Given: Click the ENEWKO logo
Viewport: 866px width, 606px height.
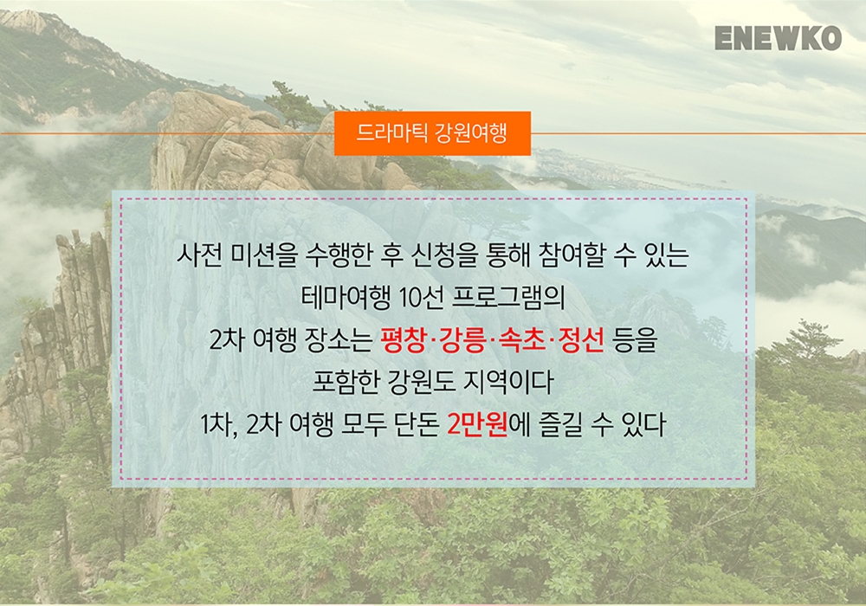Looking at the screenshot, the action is pyautogui.click(x=778, y=38).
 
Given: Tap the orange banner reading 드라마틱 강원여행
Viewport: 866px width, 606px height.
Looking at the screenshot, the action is pyautogui.click(x=432, y=133).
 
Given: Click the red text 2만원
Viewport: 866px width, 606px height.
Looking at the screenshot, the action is pyautogui.click(x=477, y=424).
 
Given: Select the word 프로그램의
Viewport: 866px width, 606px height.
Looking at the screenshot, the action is pyautogui.click(x=508, y=298).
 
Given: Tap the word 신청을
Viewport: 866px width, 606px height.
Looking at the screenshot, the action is pyautogui.click(x=444, y=255).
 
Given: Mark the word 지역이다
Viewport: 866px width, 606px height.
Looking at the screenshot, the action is pyautogui.click(x=508, y=382).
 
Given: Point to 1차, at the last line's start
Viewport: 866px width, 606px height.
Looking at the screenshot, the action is pyautogui.click(x=219, y=425).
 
